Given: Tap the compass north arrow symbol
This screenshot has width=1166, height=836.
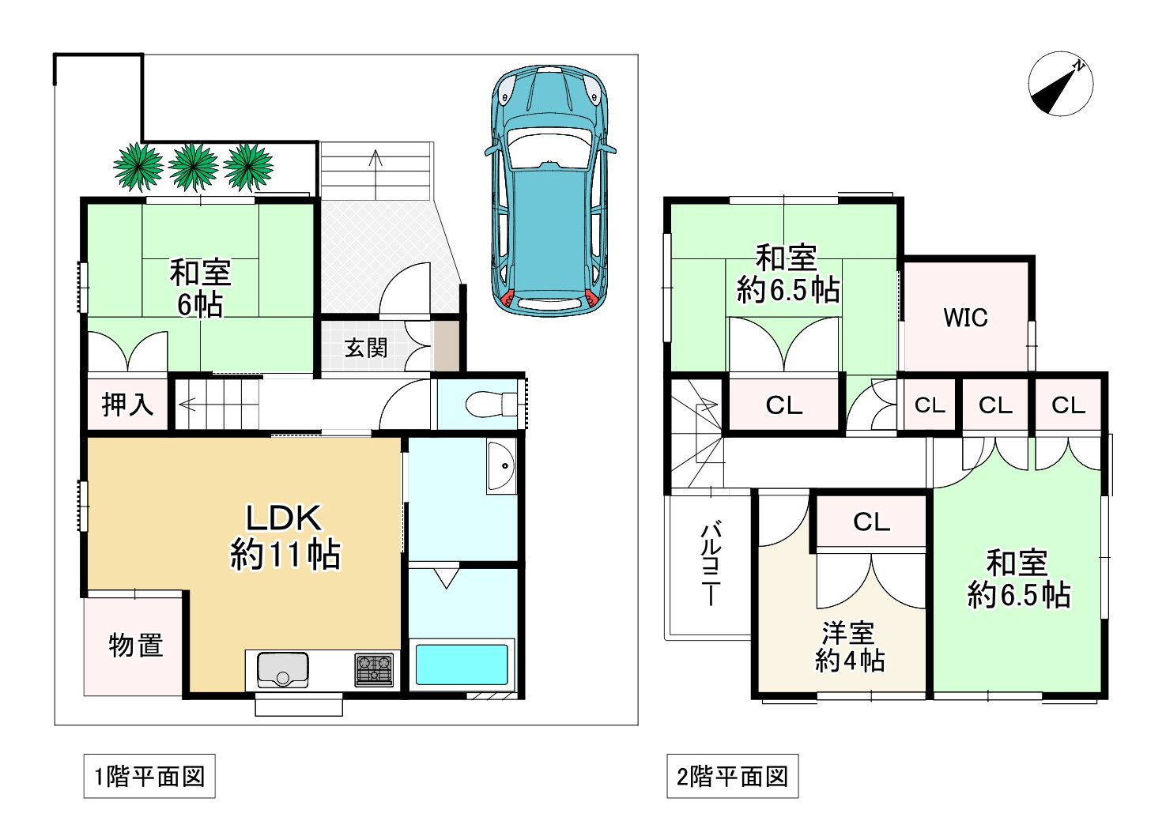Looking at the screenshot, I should pyautogui.click(x=1060, y=84).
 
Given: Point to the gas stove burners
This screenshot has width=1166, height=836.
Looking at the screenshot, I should pyautogui.click(x=373, y=669).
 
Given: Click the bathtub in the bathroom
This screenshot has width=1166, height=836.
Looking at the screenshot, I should pyautogui.click(x=462, y=665).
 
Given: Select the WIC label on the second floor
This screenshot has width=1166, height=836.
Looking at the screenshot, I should pyautogui.click(x=965, y=318).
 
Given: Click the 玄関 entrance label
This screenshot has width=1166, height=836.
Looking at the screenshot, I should pyautogui.click(x=366, y=348).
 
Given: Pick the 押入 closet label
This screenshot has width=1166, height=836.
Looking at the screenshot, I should pyautogui.click(x=126, y=405).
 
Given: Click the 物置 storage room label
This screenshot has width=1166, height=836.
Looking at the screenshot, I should pyautogui.click(x=136, y=646).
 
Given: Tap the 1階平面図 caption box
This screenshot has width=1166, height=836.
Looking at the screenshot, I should pyautogui.click(x=149, y=777).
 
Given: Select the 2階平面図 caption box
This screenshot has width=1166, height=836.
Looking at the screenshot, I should pyautogui.click(x=732, y=777).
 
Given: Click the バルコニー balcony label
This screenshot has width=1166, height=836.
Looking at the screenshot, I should pyautogui.click(x=710, y=563).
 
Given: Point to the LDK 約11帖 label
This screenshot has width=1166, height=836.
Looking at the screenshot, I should pyautogui.click(x=285, y=537).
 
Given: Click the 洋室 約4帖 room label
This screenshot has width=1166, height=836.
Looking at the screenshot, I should pyautogui.click(x=849, y=646).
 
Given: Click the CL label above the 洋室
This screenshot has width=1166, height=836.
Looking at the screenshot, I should pyautogui.click(x=871, y=522).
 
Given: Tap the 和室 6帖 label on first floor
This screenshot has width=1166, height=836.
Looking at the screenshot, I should pyautogui.click(x=201, y=288).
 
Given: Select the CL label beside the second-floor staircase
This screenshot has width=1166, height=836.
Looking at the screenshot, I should pyautogui.click(x=783, y=405).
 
